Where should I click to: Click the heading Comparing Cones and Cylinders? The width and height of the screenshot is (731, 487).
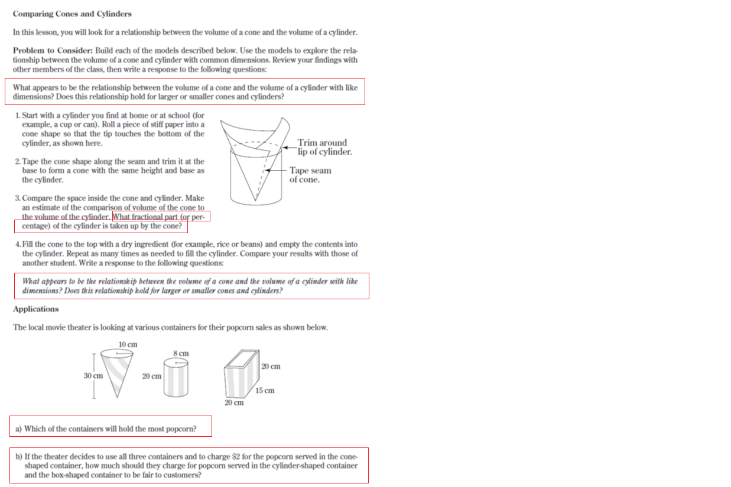pos(72,14)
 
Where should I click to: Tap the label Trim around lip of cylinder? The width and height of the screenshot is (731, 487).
pos(324,147)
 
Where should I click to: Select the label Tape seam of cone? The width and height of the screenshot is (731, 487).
pos(310,175)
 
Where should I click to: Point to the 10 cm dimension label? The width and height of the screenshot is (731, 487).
pos(128,344)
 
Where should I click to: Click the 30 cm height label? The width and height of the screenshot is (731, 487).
pos(93,375)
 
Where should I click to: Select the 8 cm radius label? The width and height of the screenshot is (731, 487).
pos(181,353)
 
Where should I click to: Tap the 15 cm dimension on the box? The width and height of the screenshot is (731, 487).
pos(265,391)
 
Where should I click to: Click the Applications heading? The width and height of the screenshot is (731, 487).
pos(36,309)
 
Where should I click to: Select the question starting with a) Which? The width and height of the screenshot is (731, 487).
pos(110,429)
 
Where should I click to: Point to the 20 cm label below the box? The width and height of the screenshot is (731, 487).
pos(233,403)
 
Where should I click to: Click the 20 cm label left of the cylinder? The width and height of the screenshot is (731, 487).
pos(151,375)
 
